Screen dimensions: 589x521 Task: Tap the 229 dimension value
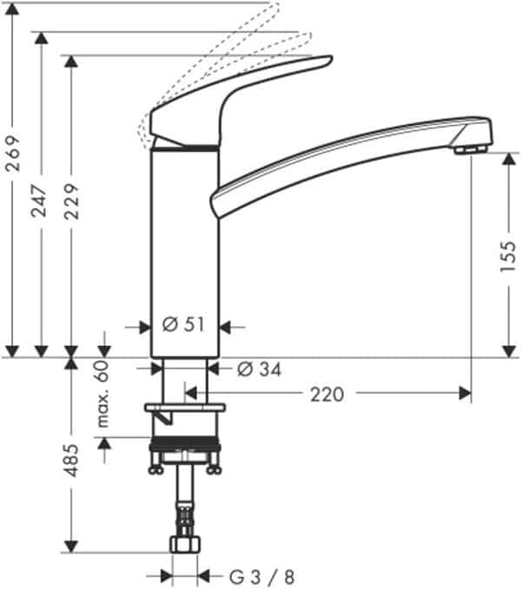(71, 200)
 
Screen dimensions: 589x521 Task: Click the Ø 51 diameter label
(183, 326)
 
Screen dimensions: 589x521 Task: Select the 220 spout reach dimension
(326, 395)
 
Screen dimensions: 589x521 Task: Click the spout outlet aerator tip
(471, 149)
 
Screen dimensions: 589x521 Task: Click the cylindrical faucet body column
(184, 252)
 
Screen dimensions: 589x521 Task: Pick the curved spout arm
(347, 156)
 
